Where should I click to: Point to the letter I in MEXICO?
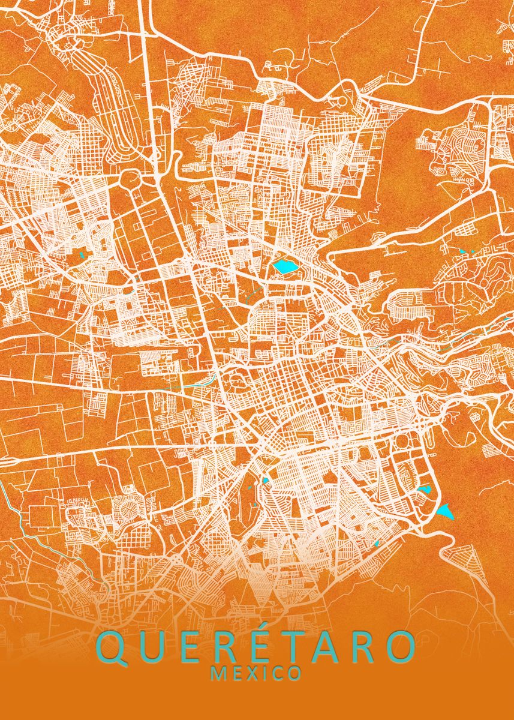point(266,674)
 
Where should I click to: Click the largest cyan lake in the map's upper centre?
point(285,265)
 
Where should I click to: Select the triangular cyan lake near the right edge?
point(445,512)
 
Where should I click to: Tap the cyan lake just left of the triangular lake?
point(425,490)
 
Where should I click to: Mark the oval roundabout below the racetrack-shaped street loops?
point(128,178)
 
